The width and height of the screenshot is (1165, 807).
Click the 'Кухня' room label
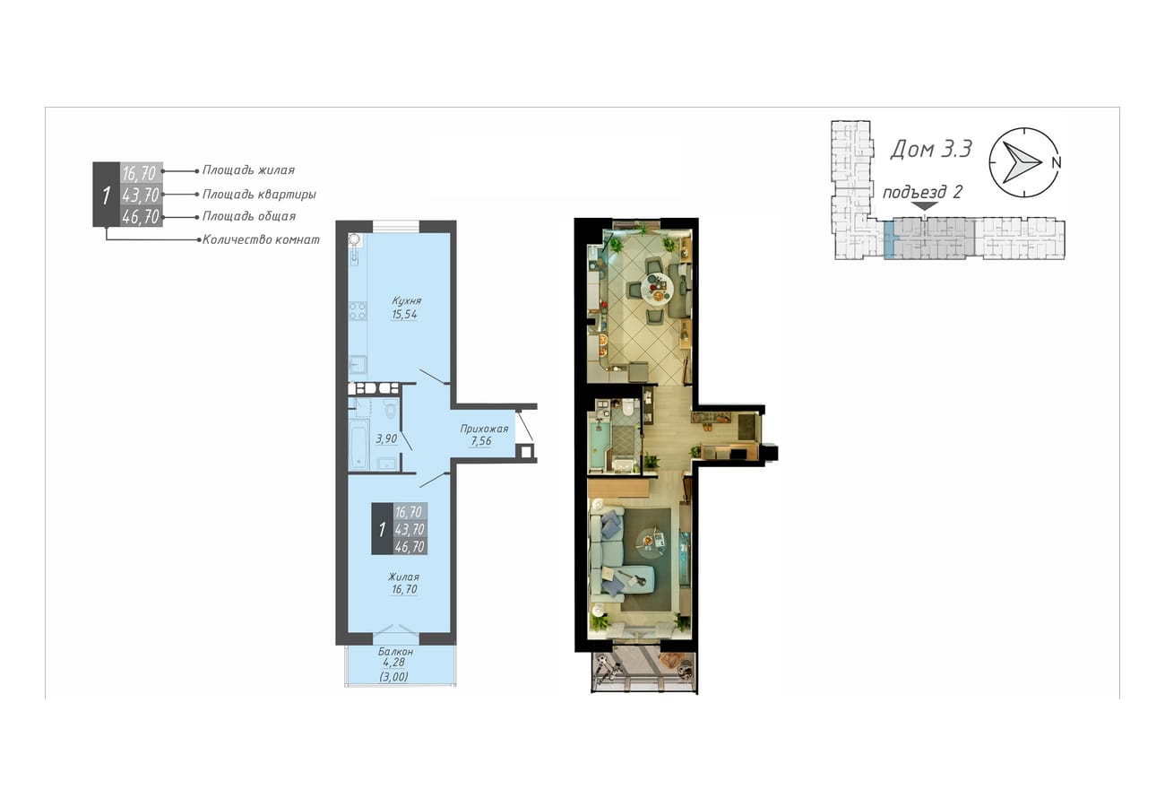[x=406, y=300]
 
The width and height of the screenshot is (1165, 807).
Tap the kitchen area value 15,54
[x=405, y=314]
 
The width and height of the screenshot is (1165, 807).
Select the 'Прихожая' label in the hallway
[x=484, y=429]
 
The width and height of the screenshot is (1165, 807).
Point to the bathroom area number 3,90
[x=386, y=438]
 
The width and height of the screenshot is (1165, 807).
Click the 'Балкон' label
[x=395, y=651]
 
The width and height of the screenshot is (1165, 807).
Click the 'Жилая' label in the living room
[x=403, y=577]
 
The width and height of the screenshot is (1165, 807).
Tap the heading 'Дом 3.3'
[x=930, y=149]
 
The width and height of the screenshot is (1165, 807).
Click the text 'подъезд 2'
[x=922, y=193]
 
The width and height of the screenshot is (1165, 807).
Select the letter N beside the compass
[x=1057, y=163]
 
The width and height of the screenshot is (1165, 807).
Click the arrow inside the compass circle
[x=1021, y=162]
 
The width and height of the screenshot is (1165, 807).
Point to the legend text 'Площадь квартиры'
[x=259, y=195]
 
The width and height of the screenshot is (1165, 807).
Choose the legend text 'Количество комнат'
[x=261, y=239]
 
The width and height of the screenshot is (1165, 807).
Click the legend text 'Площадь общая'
[x=248, y=216]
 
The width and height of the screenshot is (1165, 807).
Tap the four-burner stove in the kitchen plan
[x=358, y=311]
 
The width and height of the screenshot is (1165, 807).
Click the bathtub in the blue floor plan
[x=358, y=445]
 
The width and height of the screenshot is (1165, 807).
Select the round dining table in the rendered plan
[x=657, y=287]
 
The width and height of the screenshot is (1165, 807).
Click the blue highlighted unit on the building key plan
[x=889, y=239]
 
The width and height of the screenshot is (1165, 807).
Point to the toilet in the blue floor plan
[x=391, y=410]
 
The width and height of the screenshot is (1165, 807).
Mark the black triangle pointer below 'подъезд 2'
[x=925, y=206]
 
